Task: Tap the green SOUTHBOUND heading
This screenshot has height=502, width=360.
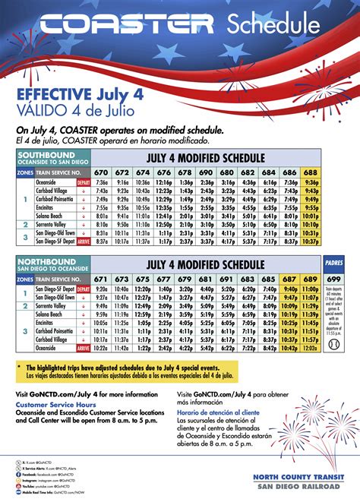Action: [x=46, y=154]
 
